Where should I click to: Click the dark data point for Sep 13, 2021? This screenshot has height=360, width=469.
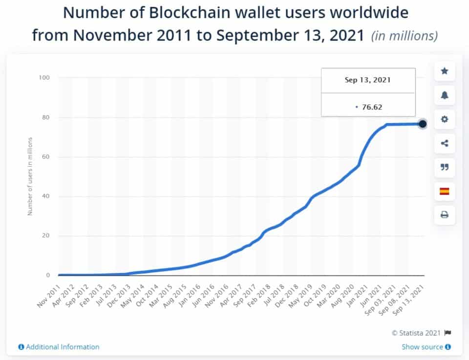tap(423, 124)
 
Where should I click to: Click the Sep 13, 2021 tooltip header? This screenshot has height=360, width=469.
tap(368, 81)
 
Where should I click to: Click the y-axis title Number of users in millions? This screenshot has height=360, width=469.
tap(30, 176)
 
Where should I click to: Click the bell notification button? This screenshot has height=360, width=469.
tap(445, 95)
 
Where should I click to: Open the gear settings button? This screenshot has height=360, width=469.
tap(445, 119)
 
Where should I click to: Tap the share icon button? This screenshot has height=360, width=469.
tap(445, 143)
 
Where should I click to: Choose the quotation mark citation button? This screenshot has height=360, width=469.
tap(445, 167)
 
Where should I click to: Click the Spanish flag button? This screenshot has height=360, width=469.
tap(445, 191)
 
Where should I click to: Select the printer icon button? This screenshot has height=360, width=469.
tap(445, 215)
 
